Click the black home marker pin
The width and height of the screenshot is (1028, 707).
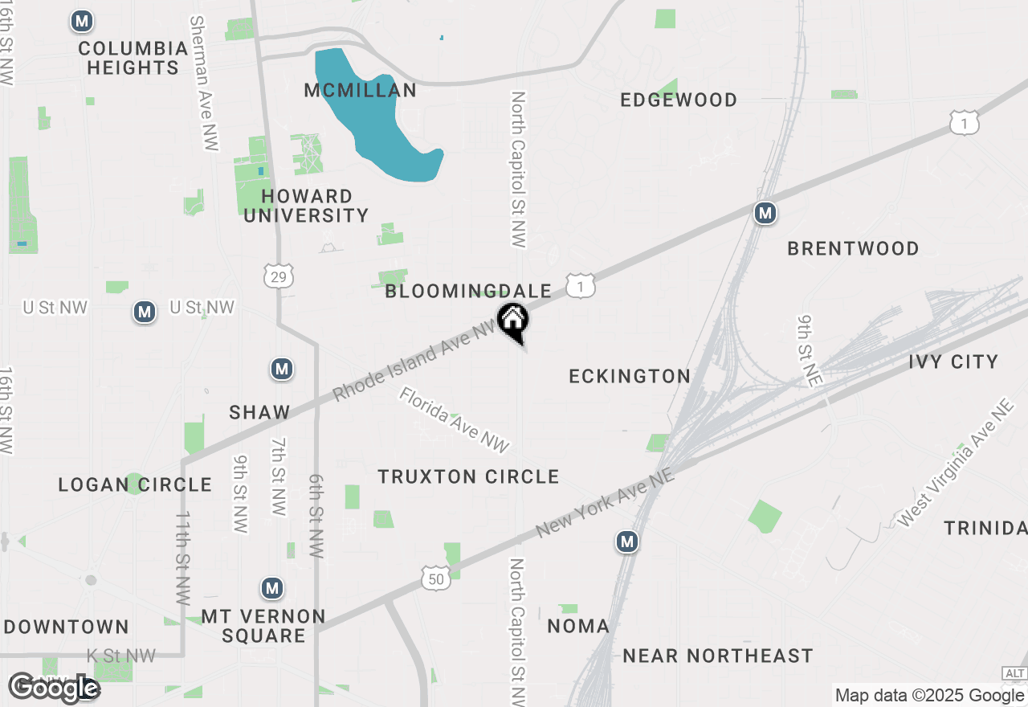click(x=513, y=321)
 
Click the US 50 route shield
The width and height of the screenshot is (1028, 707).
click(x=434, y=576)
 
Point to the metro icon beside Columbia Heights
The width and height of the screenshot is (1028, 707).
click(x=82, y=22)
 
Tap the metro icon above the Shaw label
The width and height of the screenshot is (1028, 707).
click(x=281, y=370)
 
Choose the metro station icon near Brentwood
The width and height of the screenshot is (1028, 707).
click(x=765, y=213)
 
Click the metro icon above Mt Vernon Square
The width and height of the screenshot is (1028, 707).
click(x=272, y=589)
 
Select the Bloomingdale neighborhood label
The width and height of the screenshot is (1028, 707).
click(x=468, y=291)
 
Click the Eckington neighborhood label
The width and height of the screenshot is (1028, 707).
click(x=630, y=376)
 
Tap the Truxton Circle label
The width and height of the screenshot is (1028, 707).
click(x=469, y=476)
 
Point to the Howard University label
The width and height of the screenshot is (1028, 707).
click(x=306, y=206)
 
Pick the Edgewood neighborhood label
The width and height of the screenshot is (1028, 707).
click(x=679, y=100)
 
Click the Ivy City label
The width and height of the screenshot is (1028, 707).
click(x=953, y=362)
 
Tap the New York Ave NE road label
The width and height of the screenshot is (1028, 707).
click(x=604, y=504)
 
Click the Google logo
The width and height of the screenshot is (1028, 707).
click(x=54, y=688)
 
